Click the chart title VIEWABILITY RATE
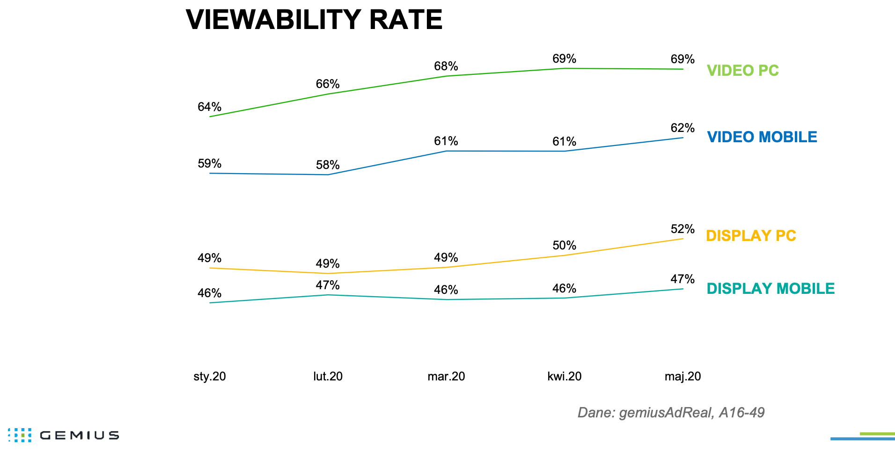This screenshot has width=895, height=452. coord(314,20)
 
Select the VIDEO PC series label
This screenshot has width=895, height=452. coord(742,71)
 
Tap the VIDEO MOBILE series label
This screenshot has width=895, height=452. coord(762,137)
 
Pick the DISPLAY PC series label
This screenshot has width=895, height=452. coord(751,236)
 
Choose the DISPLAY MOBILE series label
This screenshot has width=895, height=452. coord(770,289)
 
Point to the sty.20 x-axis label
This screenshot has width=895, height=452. coord(210,376)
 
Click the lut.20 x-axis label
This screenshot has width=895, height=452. coord(328,376)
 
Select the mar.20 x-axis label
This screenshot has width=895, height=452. coord(446,376)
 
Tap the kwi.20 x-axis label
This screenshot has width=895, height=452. coord(564,376)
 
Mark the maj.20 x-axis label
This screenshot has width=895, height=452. coord(682,376)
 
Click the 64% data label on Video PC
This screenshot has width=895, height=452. coord(209,107)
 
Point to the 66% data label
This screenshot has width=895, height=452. coord(328,84)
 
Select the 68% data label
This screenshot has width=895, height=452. coord(446,66)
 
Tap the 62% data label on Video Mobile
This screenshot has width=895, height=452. coord(682,128)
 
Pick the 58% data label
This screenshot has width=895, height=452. coord(328,165)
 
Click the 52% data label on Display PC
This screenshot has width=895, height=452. coord(682,229)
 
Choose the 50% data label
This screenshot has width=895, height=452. coord(564,246)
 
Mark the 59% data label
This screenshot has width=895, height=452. coord(209,164)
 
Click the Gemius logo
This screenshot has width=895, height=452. coord(64,435)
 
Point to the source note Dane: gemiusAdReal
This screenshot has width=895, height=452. coord(671,413)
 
